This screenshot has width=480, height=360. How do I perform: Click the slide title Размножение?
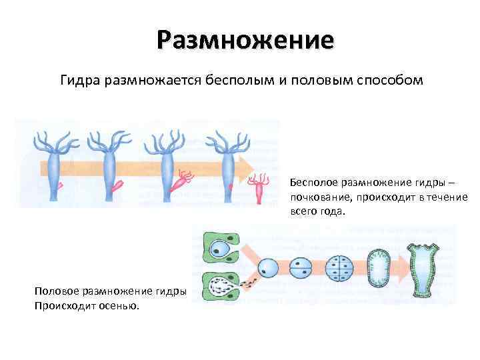click(x=245, y=39)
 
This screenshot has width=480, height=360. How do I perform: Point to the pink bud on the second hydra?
click(x=119, y=185)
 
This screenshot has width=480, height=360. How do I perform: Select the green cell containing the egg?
click(x=219, y=250)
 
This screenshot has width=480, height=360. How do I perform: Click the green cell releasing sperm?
click(x=221, y=287)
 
